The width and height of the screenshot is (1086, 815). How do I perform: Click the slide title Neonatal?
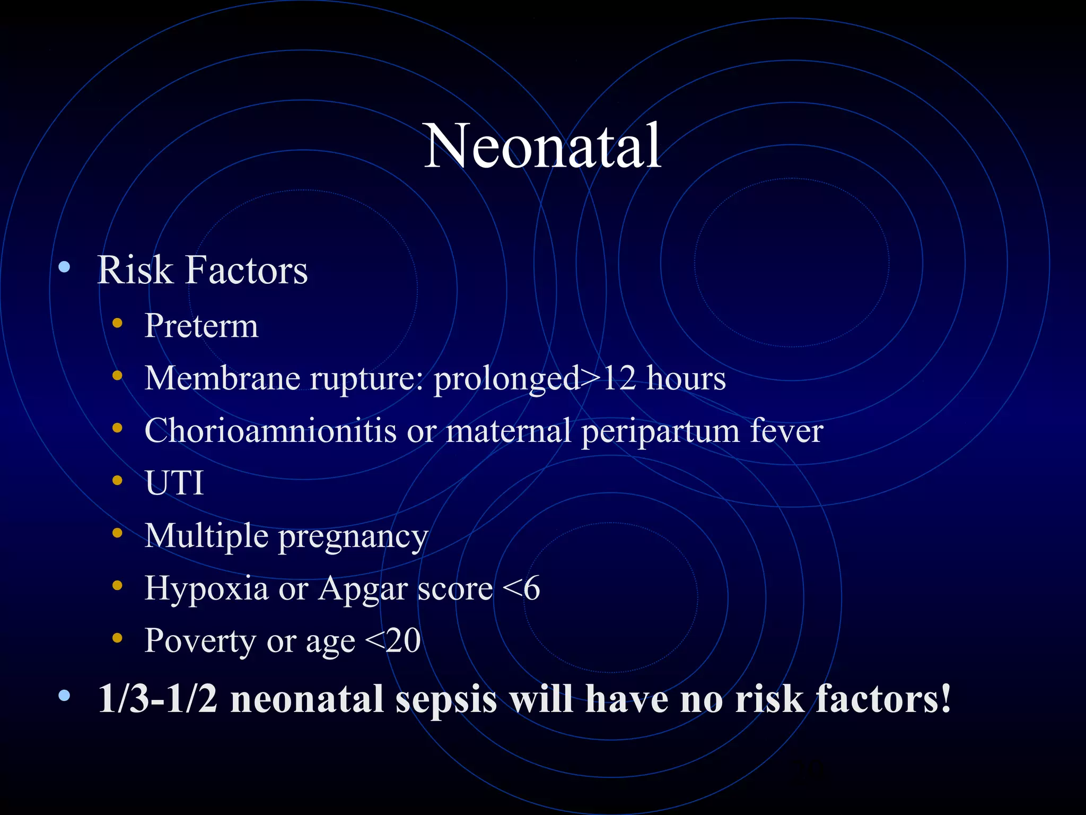coord(542,146)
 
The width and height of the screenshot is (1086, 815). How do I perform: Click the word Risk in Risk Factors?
coord(135,270)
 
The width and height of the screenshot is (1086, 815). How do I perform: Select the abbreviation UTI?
coord(174,483)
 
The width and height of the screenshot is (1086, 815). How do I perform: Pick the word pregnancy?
coord(353,537)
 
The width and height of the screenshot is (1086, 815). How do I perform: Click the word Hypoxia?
coord(206,588)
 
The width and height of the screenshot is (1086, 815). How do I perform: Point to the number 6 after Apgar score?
coord(531,588)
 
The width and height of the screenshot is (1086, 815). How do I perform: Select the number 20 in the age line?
coord(403,641)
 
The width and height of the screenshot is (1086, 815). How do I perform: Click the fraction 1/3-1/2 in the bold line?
coord(158,699)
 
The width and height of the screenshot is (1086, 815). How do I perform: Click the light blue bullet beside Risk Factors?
coord(64,267)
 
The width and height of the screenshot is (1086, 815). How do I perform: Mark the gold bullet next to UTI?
coord(117,480)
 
